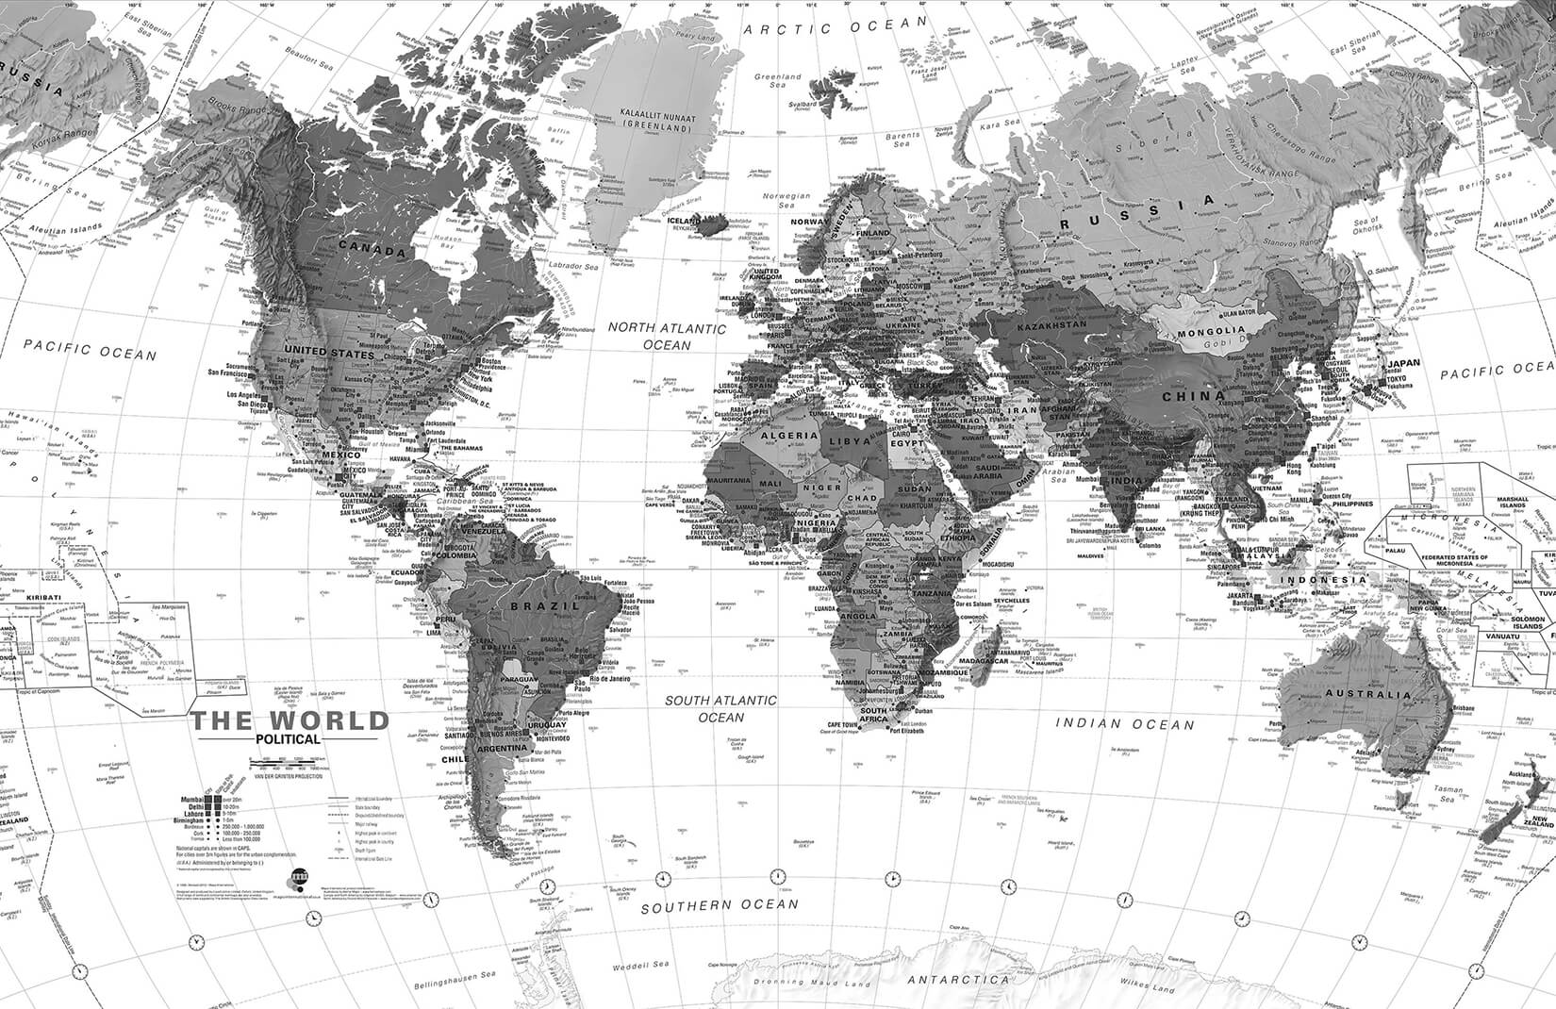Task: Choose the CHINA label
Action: point(1193,397)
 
